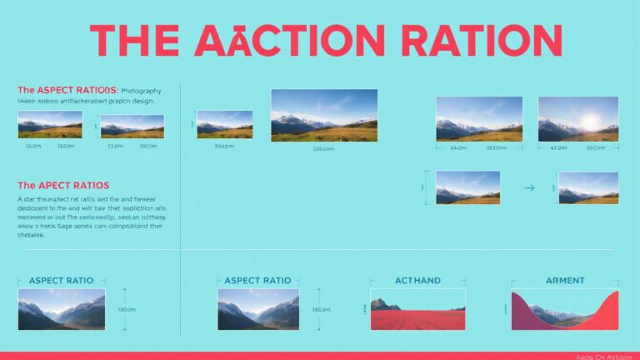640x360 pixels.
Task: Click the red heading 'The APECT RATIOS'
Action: (x=63, y=185)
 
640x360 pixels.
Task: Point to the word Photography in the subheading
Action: (x=141, y=89)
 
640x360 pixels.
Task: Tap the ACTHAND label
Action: (x=417, y=281)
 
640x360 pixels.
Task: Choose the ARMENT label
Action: (x=564, y=281)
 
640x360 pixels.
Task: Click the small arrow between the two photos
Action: (x=528, y=188)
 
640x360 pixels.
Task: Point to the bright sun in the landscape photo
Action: (x=591, y=122)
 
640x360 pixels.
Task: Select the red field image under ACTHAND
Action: (x=417, y=313)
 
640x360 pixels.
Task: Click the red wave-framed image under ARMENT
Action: (x=564, y=310)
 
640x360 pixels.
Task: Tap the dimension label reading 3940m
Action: (x=224, y=147)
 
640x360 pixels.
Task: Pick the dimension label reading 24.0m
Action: (x=457, y=148)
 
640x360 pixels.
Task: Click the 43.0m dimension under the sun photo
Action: (x=559, y=148)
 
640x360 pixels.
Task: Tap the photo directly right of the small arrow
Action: (x=588, y=188)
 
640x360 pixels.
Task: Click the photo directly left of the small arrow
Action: (x=467, y=188)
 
